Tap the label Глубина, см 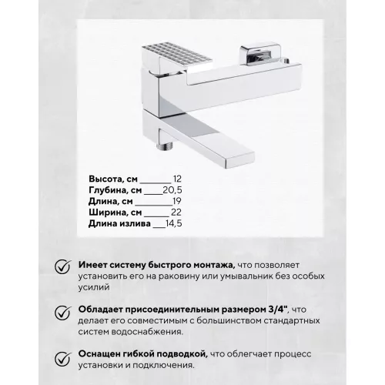point(114,190)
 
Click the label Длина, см point(109,202)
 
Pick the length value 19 point(176,202)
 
